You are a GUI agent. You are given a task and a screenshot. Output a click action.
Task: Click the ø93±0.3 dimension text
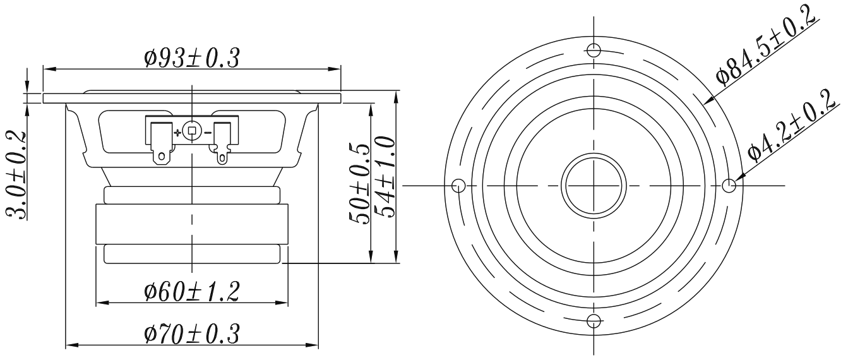tap(191, 58)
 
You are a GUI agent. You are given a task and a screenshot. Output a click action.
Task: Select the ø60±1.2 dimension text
tap(191, 292)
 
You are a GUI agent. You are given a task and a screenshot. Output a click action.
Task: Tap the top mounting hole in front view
tap(594, 51)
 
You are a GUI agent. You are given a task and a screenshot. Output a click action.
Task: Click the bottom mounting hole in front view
tap(594, 320)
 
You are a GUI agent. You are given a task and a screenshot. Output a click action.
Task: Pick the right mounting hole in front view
tap(728, 186)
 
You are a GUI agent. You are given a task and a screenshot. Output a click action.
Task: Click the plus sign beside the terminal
tap(177, 133)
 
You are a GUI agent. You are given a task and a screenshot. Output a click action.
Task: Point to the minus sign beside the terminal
tap(208, 133)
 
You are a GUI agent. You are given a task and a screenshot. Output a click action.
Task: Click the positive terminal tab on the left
tap(161, 143)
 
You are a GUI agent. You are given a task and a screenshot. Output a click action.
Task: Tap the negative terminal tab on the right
tap(222, 143)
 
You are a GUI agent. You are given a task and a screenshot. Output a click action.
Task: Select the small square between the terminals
tap(193, 132)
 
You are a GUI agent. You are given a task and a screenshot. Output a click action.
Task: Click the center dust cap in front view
tap(594, 186)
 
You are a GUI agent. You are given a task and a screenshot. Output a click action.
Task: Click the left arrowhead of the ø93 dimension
tap(48, 68)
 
